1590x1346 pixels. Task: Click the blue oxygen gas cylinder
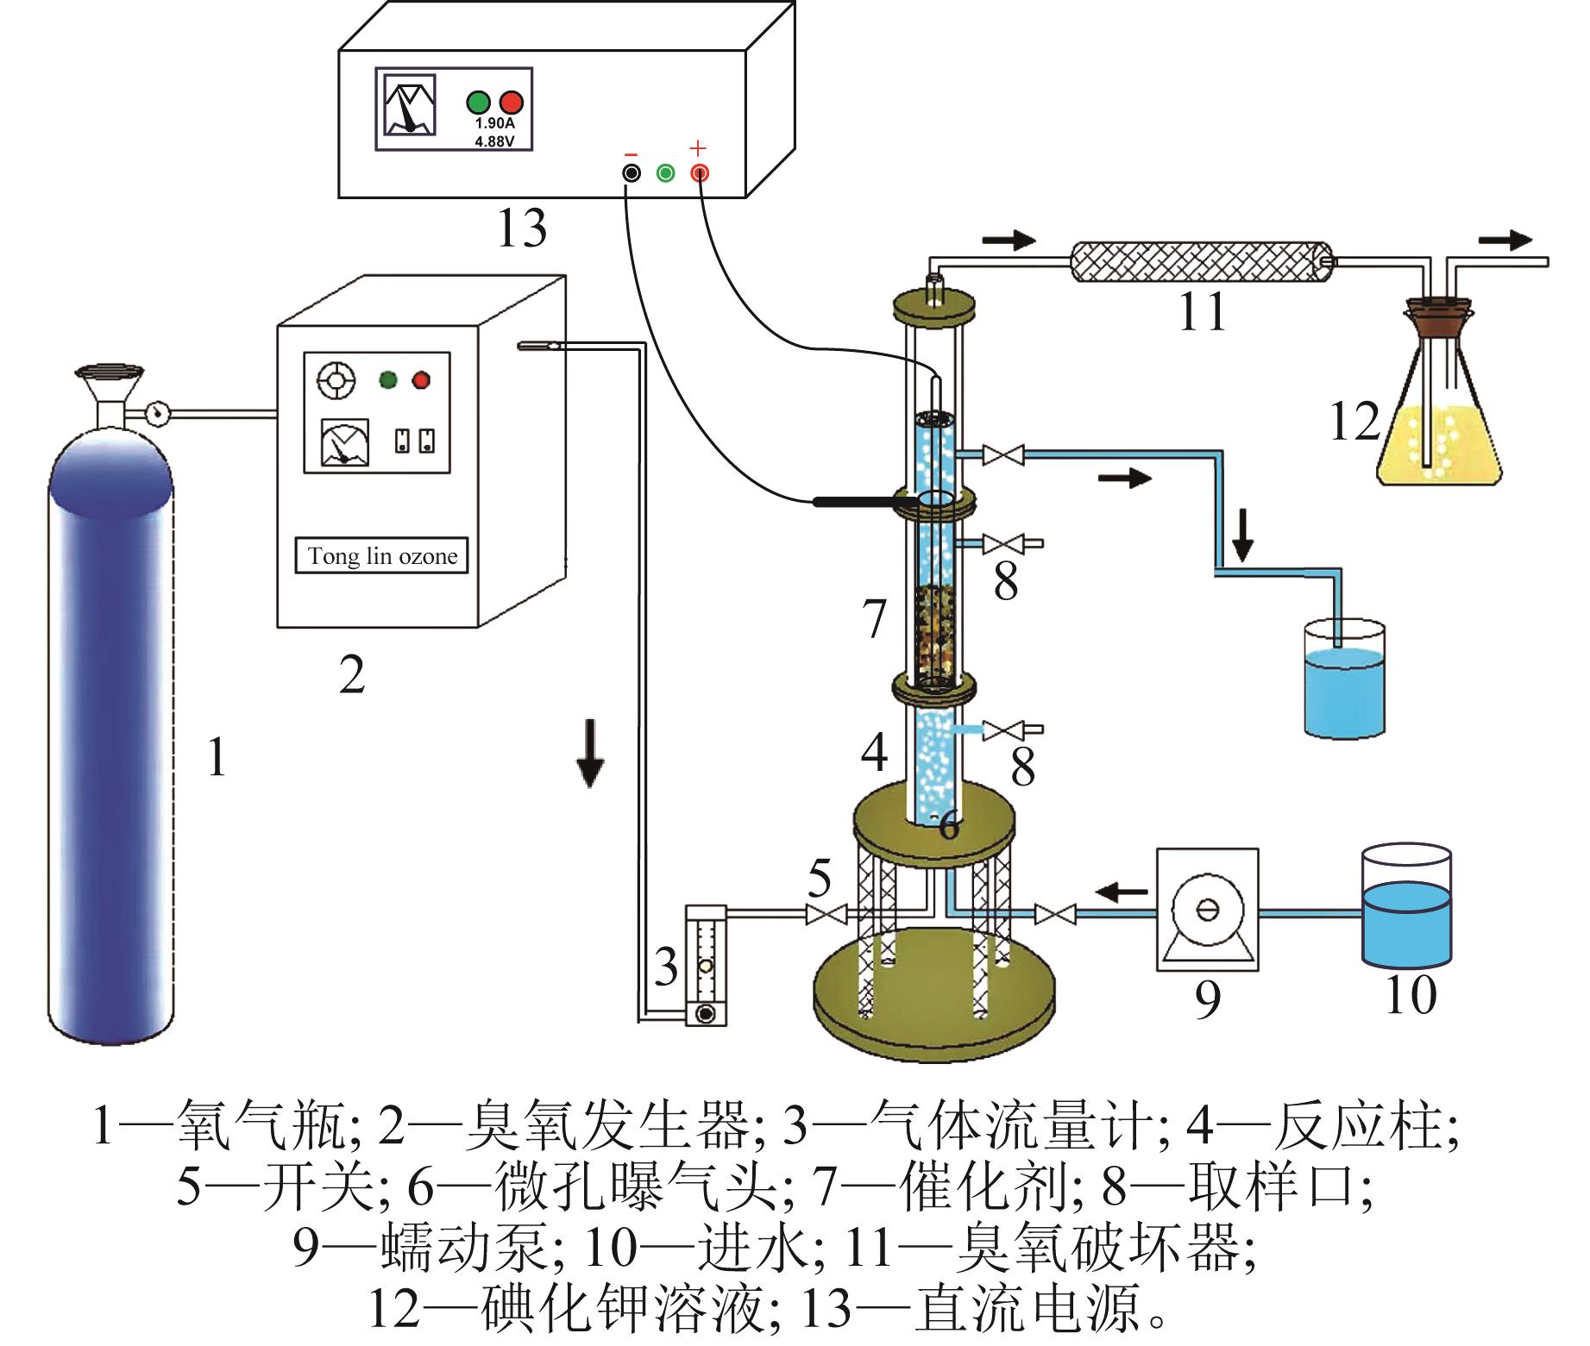click(x=110, y=733)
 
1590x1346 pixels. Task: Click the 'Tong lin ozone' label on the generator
click(x=382, y=556)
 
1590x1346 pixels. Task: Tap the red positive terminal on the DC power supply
click(x=699, y=173)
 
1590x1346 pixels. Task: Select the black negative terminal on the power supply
click(x=632, y=173)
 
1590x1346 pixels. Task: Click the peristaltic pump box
click(x=1207, y=909)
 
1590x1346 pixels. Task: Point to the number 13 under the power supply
click(x=522, y=228)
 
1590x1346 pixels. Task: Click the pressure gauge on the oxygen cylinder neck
click(x=157, y=413)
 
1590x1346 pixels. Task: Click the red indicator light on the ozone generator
click(x=421, y=379)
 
